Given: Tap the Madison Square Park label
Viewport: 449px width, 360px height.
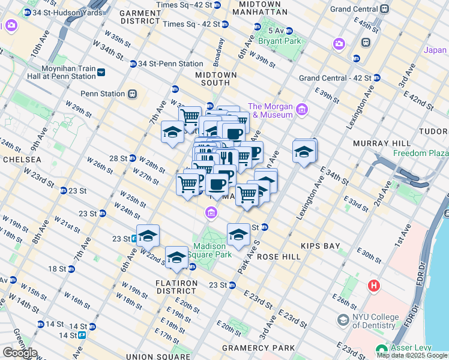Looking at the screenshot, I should (209, 251).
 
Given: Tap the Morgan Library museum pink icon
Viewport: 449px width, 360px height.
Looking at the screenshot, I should (301, 109).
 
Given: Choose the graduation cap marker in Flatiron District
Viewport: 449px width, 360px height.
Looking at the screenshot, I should (176, 257).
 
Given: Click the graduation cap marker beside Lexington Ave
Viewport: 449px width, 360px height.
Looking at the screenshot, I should (304, 152).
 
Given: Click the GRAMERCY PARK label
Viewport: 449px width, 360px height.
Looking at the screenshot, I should (258, 348).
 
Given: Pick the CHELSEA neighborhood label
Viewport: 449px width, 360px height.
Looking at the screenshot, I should (22, 160).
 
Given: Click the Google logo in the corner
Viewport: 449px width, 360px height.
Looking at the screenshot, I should (19, 353).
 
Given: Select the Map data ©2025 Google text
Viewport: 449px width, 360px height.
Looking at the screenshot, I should (412, 355).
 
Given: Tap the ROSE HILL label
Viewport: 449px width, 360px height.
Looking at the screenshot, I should (274, 256).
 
